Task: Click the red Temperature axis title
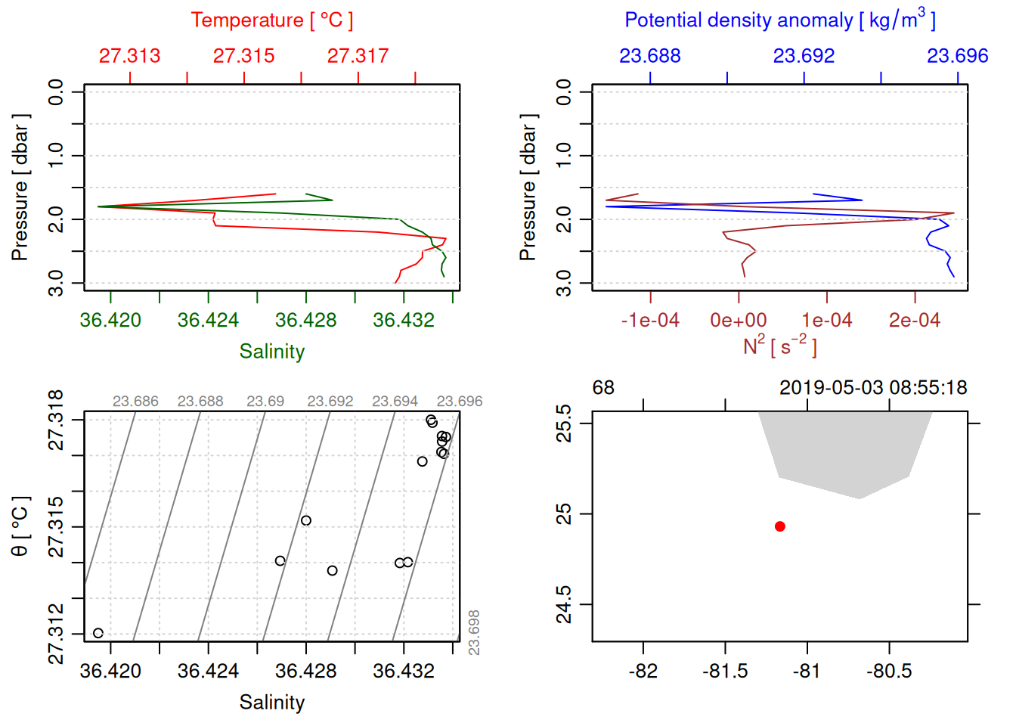(271, 20)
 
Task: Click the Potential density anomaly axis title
(779, 20)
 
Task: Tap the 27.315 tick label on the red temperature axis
(243, 56)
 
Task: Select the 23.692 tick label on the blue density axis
(804, 56)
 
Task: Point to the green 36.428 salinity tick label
(305, 321)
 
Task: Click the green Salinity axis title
(271, 352)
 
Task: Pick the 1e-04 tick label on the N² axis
(826, 321)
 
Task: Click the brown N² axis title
(779, 346)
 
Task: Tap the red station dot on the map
(780, 526)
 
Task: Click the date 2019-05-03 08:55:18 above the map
(873, 388)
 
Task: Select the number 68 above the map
(603, 388)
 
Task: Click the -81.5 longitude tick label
(725, 672)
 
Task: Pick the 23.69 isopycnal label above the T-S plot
(265, 402)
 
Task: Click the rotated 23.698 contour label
(474, 632)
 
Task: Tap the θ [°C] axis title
(20, 526)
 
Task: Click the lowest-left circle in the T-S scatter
(98, 633)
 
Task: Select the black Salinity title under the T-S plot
(271, 703)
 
